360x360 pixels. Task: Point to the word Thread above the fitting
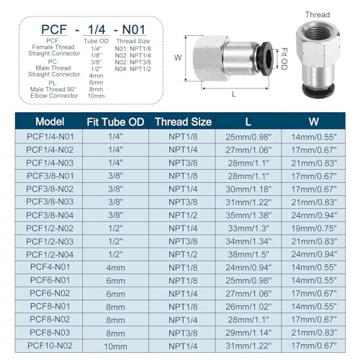pyautogui.click(x=317, y=14)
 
